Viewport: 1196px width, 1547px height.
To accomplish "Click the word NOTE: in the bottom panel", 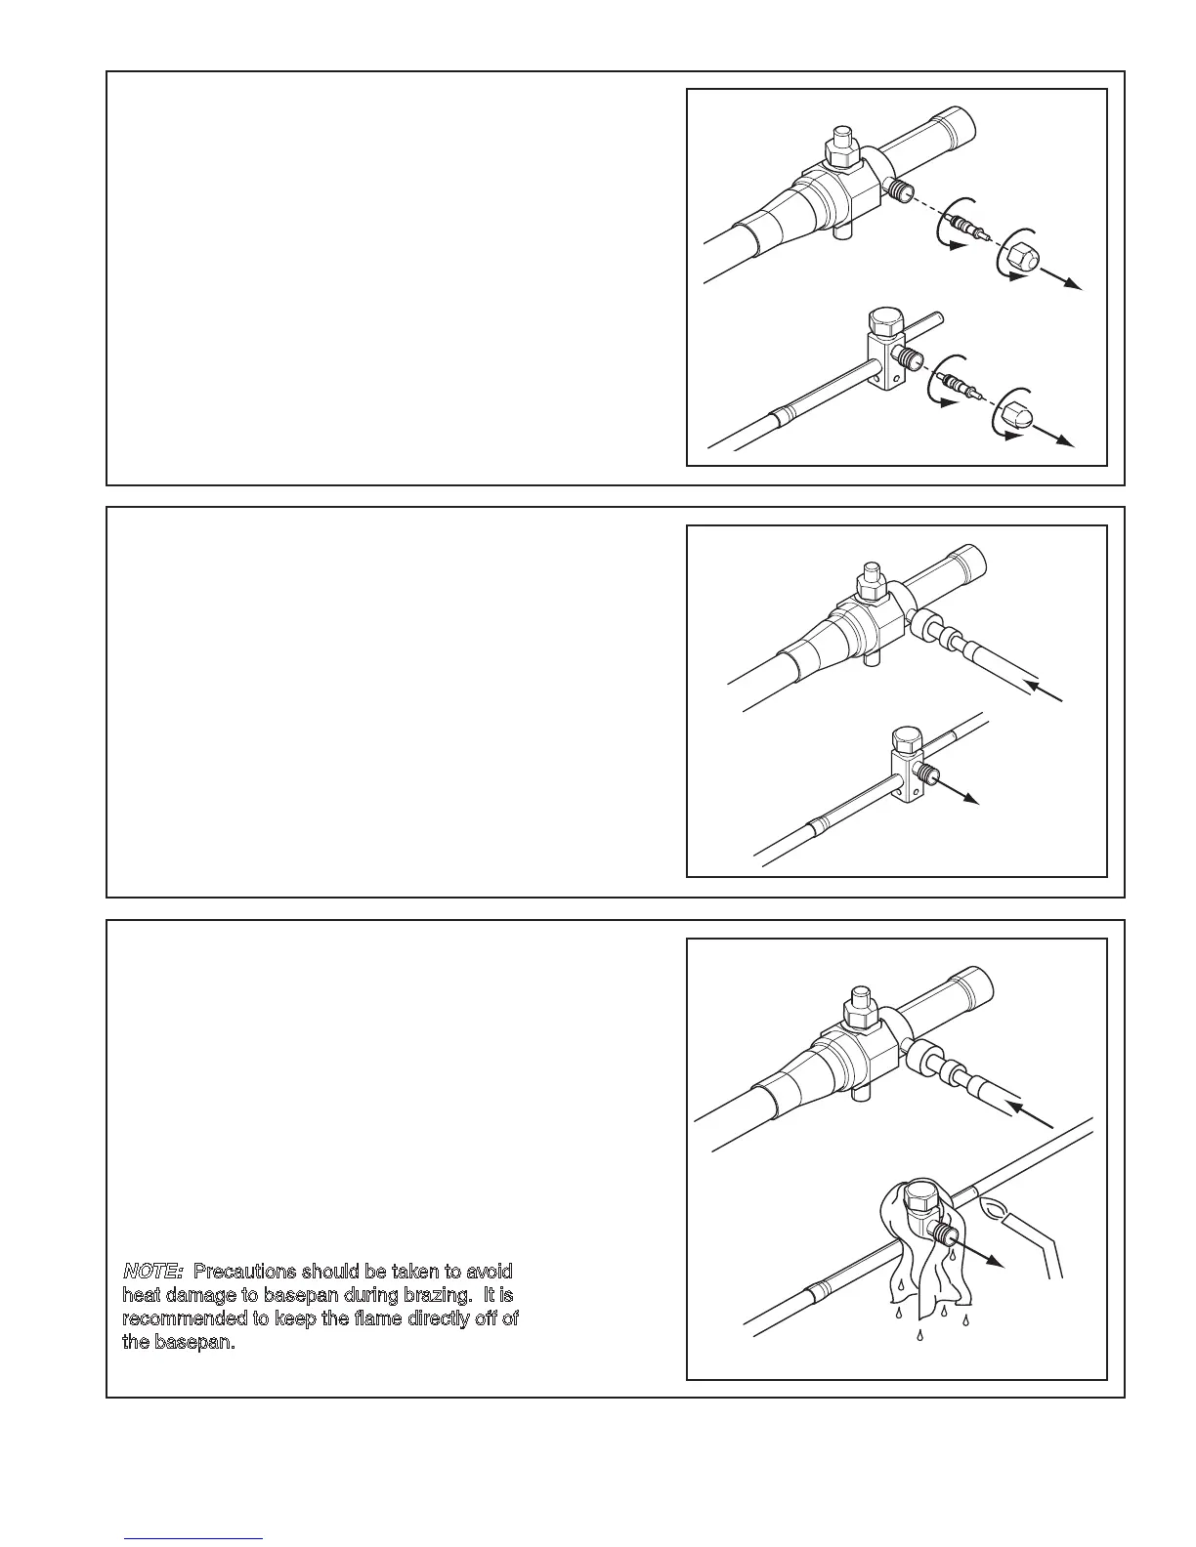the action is click(152, 1272).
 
